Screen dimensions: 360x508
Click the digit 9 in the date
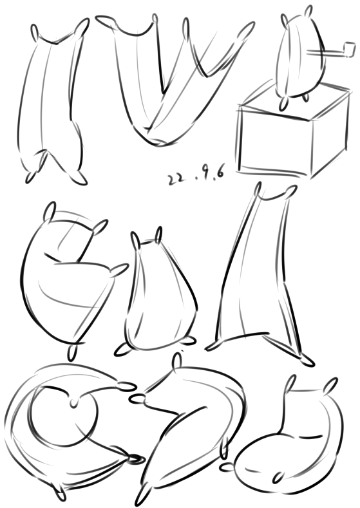click(207, 175)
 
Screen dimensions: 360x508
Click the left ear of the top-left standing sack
click(35, 33)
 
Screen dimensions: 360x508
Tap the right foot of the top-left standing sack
click(79, 178)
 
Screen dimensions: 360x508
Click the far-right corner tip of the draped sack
click(248, 29)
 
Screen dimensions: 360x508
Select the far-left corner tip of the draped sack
click(104, 20)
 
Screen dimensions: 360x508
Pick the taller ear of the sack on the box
click(308, 12)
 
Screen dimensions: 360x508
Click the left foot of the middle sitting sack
click(122, 349)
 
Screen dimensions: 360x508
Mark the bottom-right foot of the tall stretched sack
click(306, 361)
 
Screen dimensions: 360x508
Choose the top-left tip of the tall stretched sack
click(258, 189)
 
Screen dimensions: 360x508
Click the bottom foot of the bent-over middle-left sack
click(73, 352)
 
